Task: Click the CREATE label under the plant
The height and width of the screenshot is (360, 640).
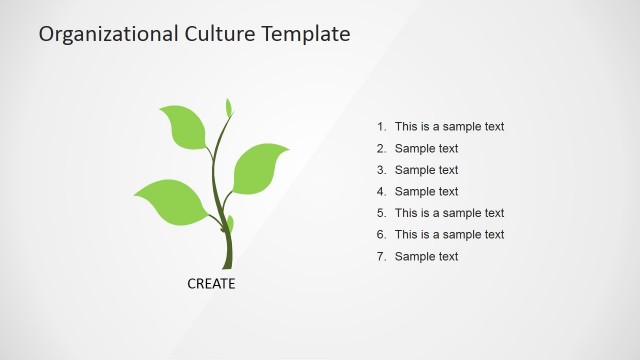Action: [211, 284]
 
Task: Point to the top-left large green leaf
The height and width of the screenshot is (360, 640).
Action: [184, 126]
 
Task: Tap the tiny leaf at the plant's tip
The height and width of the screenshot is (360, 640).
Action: [229, 108]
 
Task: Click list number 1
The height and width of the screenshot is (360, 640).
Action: [381, 127]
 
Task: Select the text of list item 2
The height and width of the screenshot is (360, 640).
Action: [426, 149]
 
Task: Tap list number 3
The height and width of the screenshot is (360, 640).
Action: [381, 170]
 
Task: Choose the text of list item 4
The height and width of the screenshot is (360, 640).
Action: [426, 192]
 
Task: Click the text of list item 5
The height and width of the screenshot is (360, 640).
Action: [449, 213]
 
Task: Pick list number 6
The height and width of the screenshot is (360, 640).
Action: [381, 235]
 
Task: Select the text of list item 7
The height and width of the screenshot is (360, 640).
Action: [426, 257]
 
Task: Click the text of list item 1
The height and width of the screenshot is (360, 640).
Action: [449, 127]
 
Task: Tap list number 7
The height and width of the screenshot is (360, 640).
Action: [381, 257]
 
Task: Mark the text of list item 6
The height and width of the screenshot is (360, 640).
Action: [449, 235]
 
